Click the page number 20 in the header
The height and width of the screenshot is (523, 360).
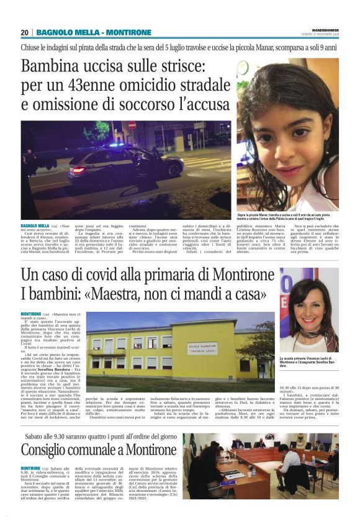point(24,32)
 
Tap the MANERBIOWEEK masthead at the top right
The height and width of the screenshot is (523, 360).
point(322,29)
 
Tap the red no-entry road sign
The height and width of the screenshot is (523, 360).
point(132,125)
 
